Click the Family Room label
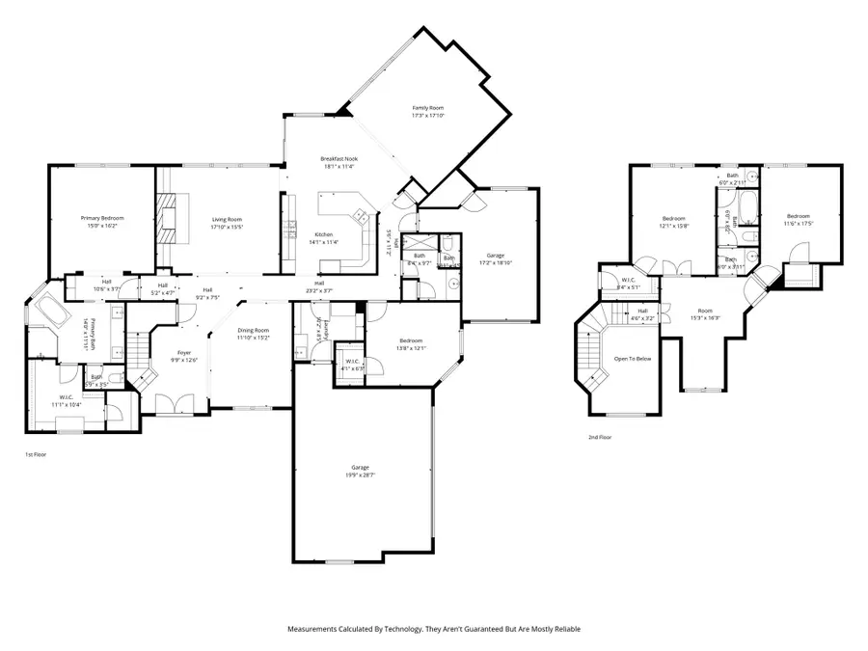click(x=427, y=112)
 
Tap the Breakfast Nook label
click(x=339, y=162)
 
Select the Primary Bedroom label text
click(x=102, y=222)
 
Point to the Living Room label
click(x=227, y=222)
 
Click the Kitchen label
click(x=325, y=237)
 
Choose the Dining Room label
click(x=255, y=334)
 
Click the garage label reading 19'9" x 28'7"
click(x=363, y=471)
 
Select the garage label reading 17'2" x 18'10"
click(x=493, y=259)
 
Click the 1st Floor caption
click(x=35, y=453)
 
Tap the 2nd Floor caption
click(x=600, y=437)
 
